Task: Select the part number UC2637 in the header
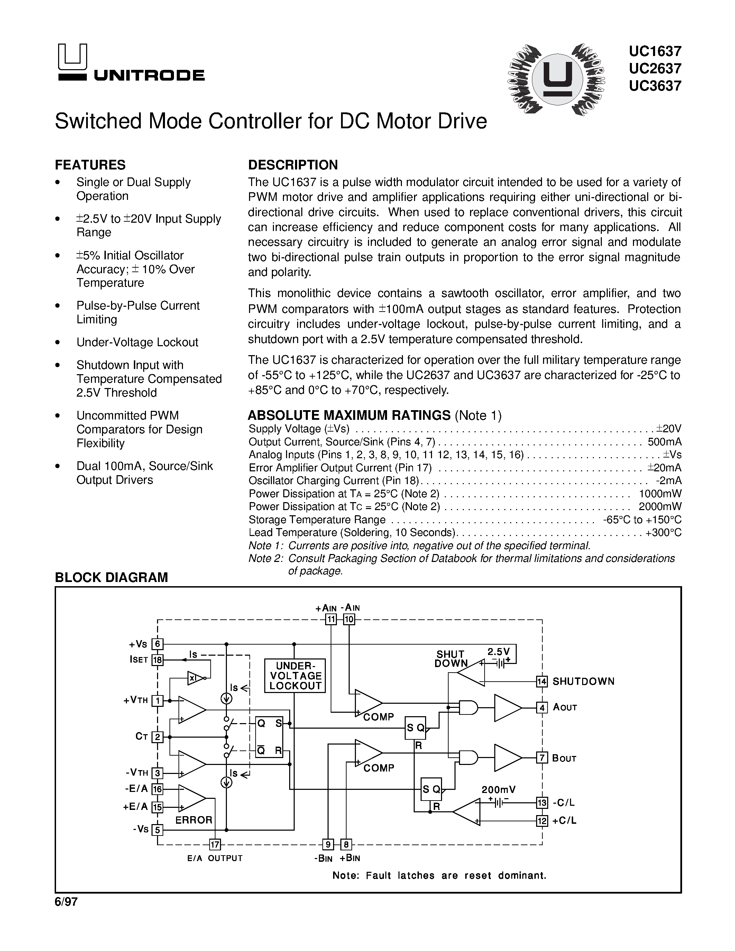(654, 68)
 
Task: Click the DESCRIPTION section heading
(293, 165)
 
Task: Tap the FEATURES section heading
(90, 165)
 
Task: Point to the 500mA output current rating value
(664, 442)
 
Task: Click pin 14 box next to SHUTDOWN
(541, 682)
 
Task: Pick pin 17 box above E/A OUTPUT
(215, 845)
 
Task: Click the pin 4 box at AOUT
(541, 708)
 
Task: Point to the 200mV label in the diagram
(498, 790)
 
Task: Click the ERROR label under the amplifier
(194, 820)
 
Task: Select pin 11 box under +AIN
(331, 619)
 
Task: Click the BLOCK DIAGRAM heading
(111, 578)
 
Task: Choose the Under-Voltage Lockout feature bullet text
(137, 342)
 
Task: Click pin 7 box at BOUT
(541, 758)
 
